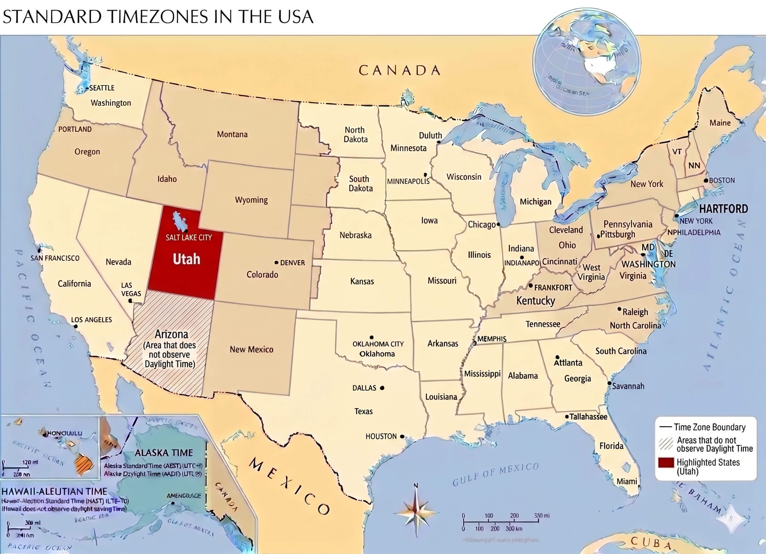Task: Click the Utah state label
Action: pyautogui.click(x=186, y=259)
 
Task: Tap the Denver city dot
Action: pyautogui.click(x=276, y=262)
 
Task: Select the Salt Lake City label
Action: pyautogui.click(x=188, y=238)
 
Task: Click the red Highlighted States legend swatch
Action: pyautogui.click(x=666, y=463)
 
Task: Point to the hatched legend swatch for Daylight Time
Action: pyautogui.click(x=666, y=444)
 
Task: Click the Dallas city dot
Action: pyautogui.click(x=382, y=388)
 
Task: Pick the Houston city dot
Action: pyautogui.click(x=402, y=436)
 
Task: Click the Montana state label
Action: pyautogui.click(x=232, y=135)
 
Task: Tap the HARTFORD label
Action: pyautogui.click(x=723, y=209)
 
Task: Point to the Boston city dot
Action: pyautogui.click(x=706, y=181)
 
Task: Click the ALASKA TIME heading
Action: pyautogui.click(x=164, y=453)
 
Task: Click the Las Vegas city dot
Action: pyautogui.click(x=130, y=301)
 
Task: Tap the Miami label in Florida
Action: pyautogui.click(x=626, y=481)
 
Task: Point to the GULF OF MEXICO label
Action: pyautogui.click(x=495, y=474)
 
